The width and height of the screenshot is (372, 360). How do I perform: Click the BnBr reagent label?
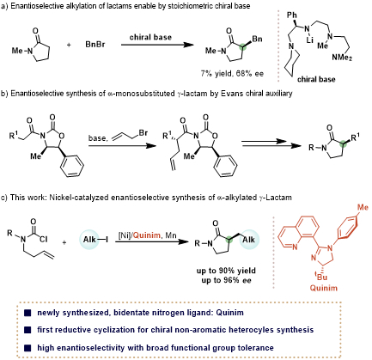click(x=95, y=45)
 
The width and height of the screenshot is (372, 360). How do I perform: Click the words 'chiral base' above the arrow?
click(x=150, y=37)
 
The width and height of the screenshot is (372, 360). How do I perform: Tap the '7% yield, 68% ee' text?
click(x=232, y=74)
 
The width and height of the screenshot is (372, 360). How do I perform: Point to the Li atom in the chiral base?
click(x=309, y=40)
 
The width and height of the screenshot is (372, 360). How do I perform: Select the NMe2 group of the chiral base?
click(x=342, y=58)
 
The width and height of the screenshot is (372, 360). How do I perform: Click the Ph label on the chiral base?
click(x=292, y=15)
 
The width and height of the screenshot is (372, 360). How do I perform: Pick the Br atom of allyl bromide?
click(x=143, y=133)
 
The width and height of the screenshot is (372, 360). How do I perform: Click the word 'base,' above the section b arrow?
click(x=97, y=138)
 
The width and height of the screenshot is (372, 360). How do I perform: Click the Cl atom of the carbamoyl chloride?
click(x=44, y=239)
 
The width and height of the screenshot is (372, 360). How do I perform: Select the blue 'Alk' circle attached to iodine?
click(x=89, y=240)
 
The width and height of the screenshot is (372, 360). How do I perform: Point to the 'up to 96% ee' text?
click(x=226, y=280)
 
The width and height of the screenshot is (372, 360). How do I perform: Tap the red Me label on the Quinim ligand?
click(x=363, y=207)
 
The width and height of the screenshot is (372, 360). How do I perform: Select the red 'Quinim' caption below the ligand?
click(x=324, y=288)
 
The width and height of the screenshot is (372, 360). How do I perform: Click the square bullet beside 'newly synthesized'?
click(x=27, y=313)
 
